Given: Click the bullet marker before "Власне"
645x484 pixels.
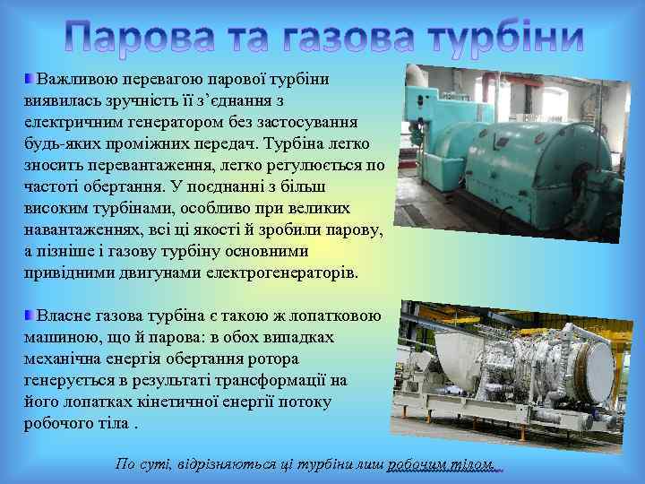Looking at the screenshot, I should click(x=30, y=315).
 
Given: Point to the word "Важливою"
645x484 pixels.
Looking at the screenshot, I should click(x=75, y=80).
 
